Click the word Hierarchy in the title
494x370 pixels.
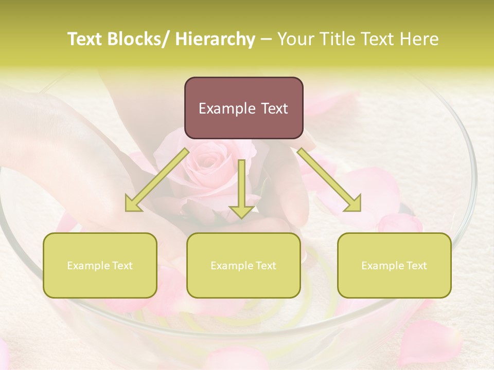coord(215,40)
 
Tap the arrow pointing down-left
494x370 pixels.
coord(157,180)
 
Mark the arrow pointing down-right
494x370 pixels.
coord(329,180)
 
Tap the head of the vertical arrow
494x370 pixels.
coord(241,211)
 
